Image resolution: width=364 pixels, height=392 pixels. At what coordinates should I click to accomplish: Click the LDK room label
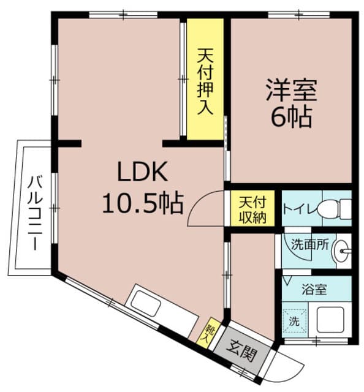point(142,173)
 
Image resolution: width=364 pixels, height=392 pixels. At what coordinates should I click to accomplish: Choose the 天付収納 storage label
point(252,209)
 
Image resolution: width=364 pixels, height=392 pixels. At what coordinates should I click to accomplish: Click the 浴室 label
point(314,290)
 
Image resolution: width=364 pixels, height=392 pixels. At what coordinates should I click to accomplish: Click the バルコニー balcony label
point(34,211)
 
